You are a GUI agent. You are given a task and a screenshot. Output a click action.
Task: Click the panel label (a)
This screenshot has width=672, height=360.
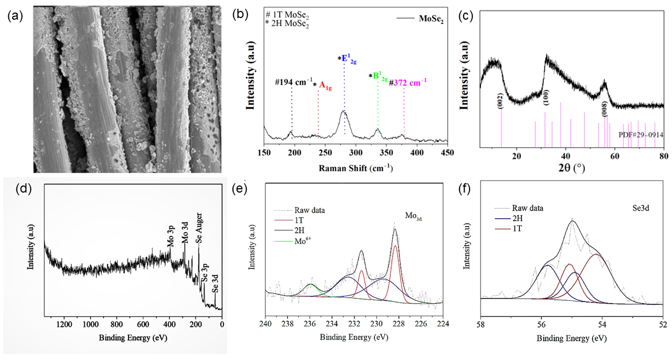[x=15, y=16]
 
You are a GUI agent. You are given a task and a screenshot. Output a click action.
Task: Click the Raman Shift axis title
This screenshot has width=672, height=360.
[x=356, y=168]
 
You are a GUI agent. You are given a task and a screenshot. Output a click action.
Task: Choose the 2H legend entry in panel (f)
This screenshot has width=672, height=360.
[x=518, y=219]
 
